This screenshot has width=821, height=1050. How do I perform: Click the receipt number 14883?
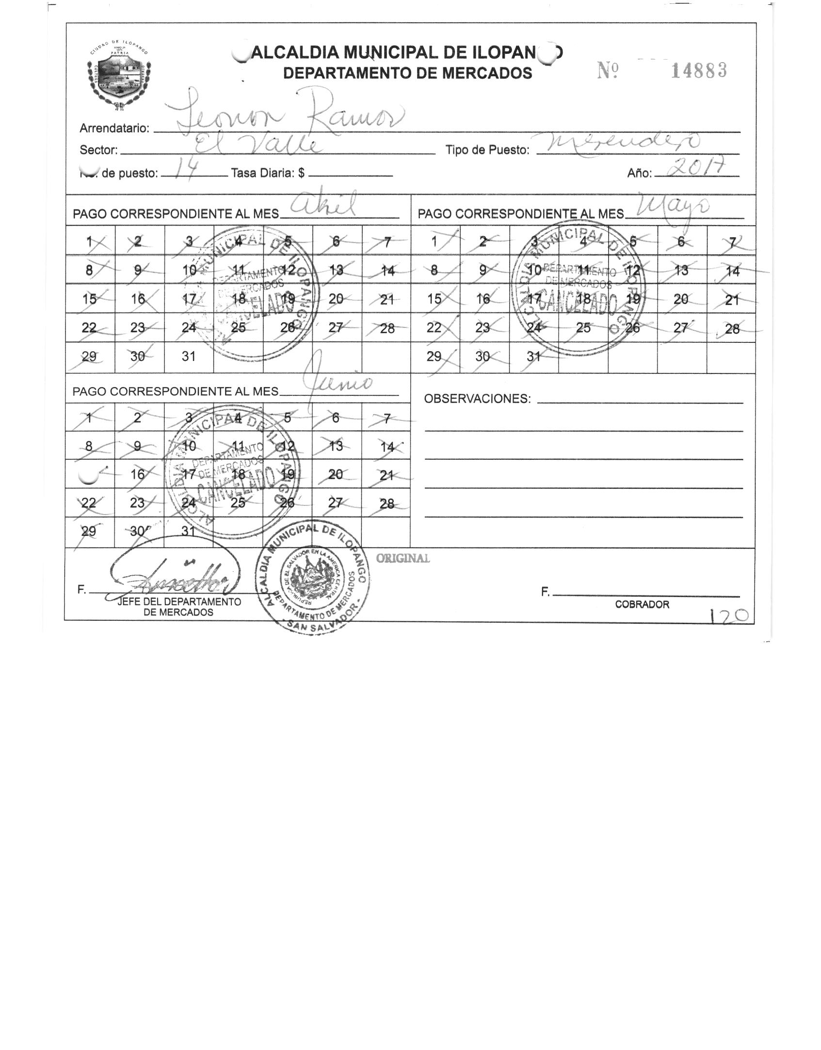[699, 71]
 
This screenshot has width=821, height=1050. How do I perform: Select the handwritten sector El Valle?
[258, 145]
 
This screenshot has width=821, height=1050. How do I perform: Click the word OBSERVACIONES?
[477, 399]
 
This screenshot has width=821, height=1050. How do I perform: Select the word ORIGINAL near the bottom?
[403, 558]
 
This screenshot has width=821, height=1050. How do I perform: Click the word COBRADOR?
[642, 604]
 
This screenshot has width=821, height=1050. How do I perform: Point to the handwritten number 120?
[730, 616]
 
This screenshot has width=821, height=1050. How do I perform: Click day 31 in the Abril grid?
[189, 356]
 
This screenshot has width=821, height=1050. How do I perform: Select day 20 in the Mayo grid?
[681, 299]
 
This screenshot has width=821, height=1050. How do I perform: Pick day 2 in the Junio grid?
[138, 418]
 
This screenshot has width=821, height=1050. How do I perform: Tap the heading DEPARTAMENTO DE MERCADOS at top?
[407, 73]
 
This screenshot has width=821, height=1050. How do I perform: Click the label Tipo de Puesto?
[487, 150]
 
